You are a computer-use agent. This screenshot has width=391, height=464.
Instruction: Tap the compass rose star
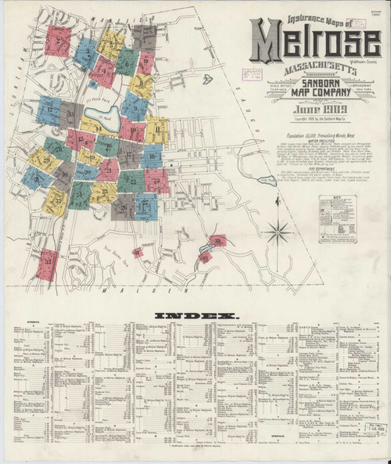(x=275, y=230)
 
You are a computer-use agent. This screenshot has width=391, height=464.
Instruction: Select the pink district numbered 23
(x=156, y=181)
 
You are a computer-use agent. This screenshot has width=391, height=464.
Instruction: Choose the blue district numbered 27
(x=144, y=206)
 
